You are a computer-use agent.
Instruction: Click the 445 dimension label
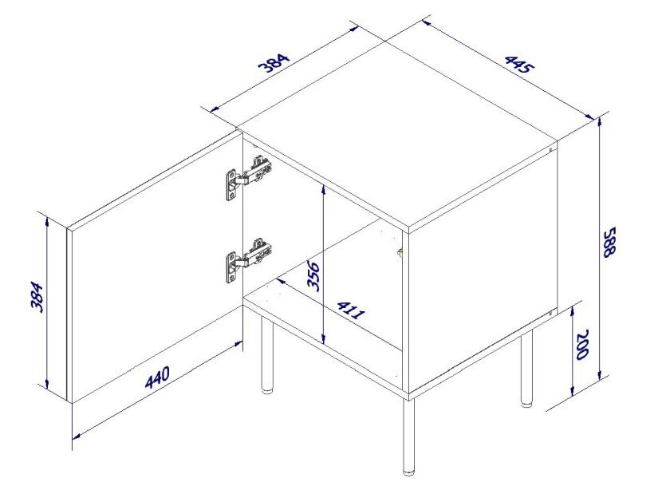pyautogui.click(x=519, y=65)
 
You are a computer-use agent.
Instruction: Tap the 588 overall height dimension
pyautogui.click(x=609, y=242)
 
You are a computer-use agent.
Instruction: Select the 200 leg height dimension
pyautogui.click(x=583, y=345)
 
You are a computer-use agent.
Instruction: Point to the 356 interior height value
pyautogui.click(x=313, y=276)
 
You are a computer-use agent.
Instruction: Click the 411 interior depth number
pyautogui.click(x=351, y=310)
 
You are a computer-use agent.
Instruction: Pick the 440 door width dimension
pyautogui.click(x=157, y=377)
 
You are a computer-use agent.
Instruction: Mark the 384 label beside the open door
pyautogui.click(x=37, y=297)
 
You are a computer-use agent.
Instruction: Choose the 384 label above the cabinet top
pyautogui.click(x=274, y=62)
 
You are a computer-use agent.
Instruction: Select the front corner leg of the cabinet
pyautogui.click(x=408, y=437)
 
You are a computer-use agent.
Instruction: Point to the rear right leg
pyautogui.click(x=526, y=369)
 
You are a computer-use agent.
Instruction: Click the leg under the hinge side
pyautogui.click(x=267, y=355)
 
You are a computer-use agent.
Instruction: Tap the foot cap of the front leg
pyautogui.click(x=408, y=472)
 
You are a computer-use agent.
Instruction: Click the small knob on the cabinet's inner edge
pyautogui.click(x=400, y=252)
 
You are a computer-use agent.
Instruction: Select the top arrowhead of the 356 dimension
pyautogui.click(x=323, y=190)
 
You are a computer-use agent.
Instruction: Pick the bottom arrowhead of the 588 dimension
pyautogui.click(x=600, y=373)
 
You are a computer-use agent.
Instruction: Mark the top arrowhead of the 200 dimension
pyautogui.click(x=573, y=312)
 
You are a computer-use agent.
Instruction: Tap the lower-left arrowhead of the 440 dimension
pyautogui.click(x=77, y=436)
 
